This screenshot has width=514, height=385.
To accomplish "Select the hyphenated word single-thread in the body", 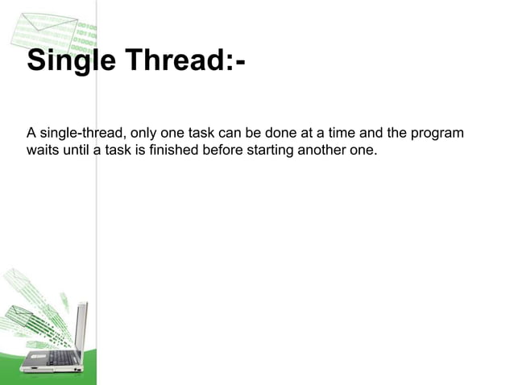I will point(81,132).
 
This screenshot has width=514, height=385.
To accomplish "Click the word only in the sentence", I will point(144,132).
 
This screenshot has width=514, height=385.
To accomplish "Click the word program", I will point(438,132).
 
